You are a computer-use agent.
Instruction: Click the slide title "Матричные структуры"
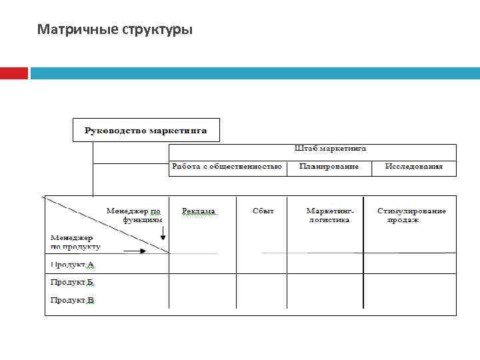pyautogui.click(x=115, y=29)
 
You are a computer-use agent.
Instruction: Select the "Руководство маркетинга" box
pyautogui.click(x=145, y=130)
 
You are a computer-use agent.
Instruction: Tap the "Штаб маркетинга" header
pyautogui.click(x=330, y=149)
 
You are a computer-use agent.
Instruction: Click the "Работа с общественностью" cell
pyautogui.click(x=227, y=167)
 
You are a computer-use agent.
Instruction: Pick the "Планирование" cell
pyautogui.click(x=329, y=167)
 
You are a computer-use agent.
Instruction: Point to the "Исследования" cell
pyautogui.click(x=413, y=167)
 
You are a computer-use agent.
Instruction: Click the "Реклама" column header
pyautogui.click(x=199, y=211)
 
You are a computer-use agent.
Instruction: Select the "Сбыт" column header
pyautogui.click(x=263, y=211)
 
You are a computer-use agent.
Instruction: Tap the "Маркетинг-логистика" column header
pyautogui.click(x=329, y=215)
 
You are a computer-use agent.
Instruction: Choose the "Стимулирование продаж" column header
pyautogui.click(x=411, y=215)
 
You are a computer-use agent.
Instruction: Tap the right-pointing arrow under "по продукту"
pyautogui.click(x=134, y=251)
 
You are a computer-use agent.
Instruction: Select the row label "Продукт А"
pyautogui.click(x=73, y=265)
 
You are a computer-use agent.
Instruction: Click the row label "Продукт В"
pyautogui.click(x=73, y=301)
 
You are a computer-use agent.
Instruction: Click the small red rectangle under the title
pyautogui.click(x=13, y=73)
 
